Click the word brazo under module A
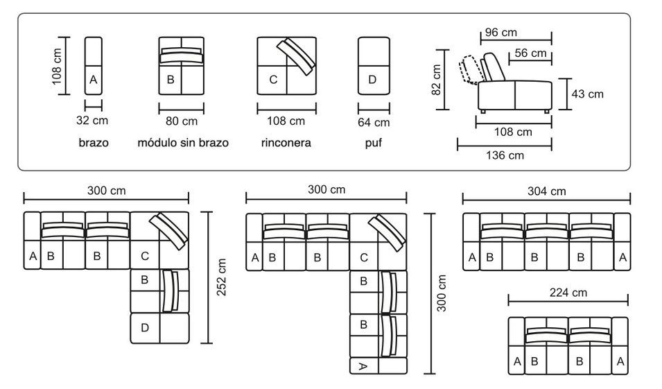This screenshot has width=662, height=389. coord(94,143)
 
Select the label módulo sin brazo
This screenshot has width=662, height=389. coord(183,143)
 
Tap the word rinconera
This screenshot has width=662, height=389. coord(286,143)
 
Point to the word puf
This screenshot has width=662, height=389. coord(373,143)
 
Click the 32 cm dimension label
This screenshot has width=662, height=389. coord(92,121)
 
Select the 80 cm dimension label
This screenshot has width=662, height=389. coord(182,121)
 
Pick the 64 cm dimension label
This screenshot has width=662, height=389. coord(374,123)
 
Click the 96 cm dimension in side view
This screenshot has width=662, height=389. coord(500,33)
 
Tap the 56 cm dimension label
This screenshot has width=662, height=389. coord(530,53)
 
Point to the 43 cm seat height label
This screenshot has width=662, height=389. coord(587,94)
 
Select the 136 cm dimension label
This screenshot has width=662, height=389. coord(505,155)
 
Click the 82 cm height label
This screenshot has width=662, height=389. coord(437,80)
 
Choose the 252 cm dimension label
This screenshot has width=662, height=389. coord(221,277)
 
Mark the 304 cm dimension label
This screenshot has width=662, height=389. coord(547,191)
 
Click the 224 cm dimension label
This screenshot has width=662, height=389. coord(568,293)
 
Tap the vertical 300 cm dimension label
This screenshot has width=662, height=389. coord(441,293)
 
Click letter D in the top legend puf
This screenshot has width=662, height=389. coord(372,80)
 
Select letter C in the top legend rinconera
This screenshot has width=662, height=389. coord(273,80)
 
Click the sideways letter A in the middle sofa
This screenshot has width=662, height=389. coord(363,367)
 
